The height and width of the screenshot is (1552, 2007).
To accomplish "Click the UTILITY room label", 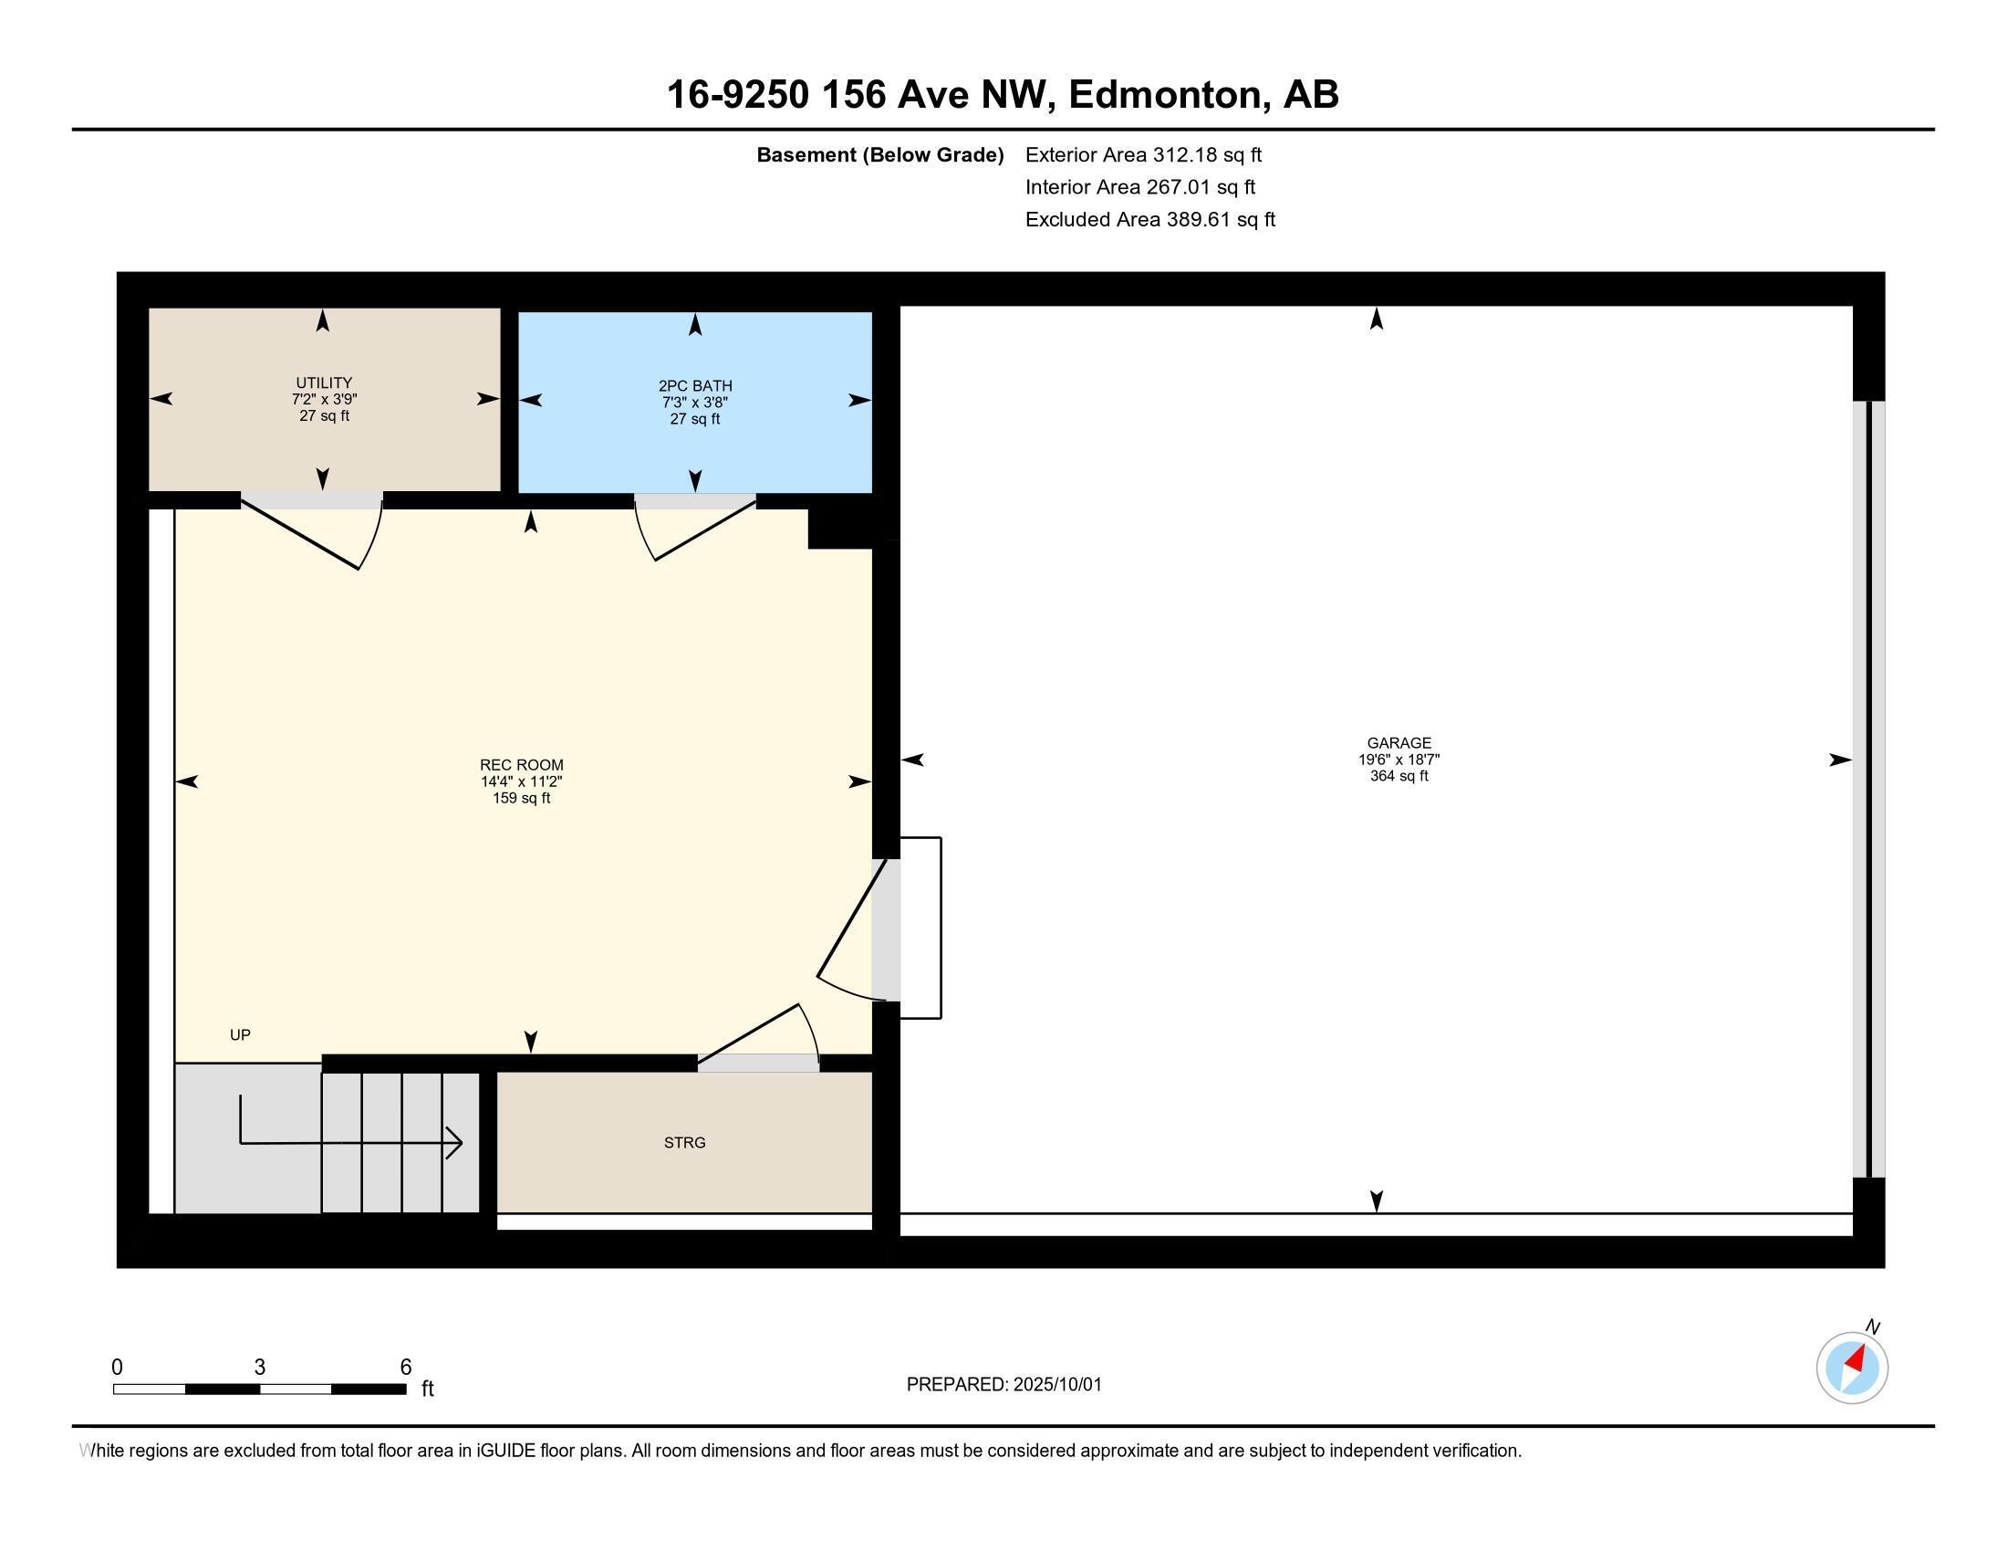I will coord(324,383).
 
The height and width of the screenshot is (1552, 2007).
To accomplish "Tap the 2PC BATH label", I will coord(695,386).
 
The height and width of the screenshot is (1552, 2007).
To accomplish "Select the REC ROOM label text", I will coord(521,765).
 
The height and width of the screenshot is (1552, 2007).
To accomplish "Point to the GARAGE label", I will coord(1399,743).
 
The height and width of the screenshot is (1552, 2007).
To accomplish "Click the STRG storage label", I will coord(684,1143).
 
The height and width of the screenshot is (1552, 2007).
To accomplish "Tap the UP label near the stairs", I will coord(240,1035).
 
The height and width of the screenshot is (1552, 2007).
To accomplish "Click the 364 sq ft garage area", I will coord(1399,776).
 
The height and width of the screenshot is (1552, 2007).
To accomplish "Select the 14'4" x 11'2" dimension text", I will coord(521,781).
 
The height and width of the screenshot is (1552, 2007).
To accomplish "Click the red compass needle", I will coord(1856,1359).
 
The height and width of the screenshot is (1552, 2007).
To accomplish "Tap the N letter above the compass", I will coord(1873,1327).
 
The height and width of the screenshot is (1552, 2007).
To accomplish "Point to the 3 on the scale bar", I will coord(260,1368).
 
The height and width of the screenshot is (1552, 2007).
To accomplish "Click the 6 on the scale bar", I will coord(405,1368).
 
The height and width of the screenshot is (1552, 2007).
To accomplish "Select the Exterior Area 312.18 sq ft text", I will coord(1143,154).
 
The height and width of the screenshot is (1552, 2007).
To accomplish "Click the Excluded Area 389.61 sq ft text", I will coord(1149,220).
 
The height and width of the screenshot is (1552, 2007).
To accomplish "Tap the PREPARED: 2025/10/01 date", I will coord(1003,1385).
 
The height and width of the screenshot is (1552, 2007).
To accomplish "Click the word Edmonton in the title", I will coord(1164,95).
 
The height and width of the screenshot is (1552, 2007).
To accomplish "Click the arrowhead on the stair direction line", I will coord(455,1143).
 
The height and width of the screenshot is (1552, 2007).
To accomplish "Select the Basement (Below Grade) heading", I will coord(879,154).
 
